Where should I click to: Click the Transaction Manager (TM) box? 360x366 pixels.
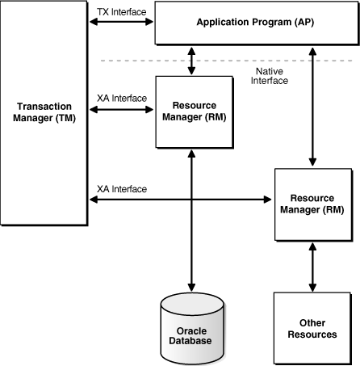click(x=44, y=113)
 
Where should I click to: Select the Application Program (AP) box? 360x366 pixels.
click(x=255, y=23)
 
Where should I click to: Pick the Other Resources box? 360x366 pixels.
click(x=312, y=327)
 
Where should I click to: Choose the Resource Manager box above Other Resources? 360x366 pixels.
click(x=312, y=204)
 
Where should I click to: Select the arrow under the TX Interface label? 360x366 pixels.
click(x=121, y=22)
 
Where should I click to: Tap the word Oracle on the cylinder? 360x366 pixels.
click(x=191, y=330)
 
